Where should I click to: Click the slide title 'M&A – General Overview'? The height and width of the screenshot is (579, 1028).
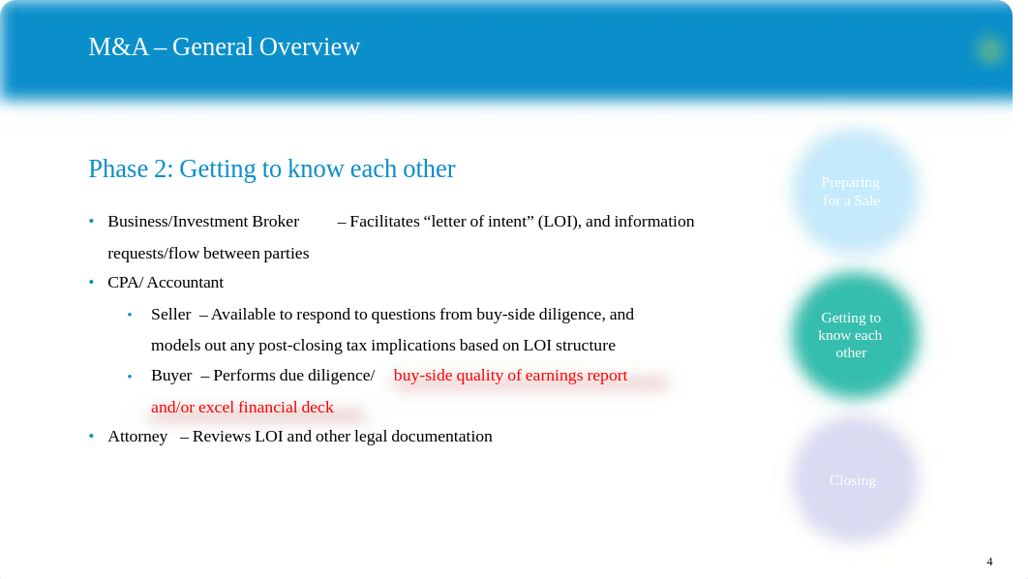point(225,47)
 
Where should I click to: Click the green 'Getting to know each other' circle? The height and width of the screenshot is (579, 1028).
point(852,335)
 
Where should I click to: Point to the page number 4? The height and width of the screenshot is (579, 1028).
point(989,562)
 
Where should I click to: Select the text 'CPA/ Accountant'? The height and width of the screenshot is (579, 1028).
point(166,283)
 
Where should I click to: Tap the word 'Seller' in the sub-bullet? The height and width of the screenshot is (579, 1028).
point(170,315)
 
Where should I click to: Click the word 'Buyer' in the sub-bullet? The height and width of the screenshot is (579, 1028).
point(171,376)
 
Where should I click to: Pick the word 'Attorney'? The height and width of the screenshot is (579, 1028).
point(137,437)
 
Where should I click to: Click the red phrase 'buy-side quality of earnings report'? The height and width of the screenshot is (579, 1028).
point(510,376)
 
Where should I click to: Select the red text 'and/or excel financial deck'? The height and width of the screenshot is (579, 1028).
point(242,408)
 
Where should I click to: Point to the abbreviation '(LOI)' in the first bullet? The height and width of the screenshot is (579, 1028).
point(559,222)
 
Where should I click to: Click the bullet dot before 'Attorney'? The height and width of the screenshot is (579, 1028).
point(92,436)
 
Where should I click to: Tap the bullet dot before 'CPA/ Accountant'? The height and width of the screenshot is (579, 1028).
point(92,282)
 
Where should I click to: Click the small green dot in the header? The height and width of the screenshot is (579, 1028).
point(990,49)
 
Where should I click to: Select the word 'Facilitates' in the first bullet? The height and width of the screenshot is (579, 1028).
point(384,222)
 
